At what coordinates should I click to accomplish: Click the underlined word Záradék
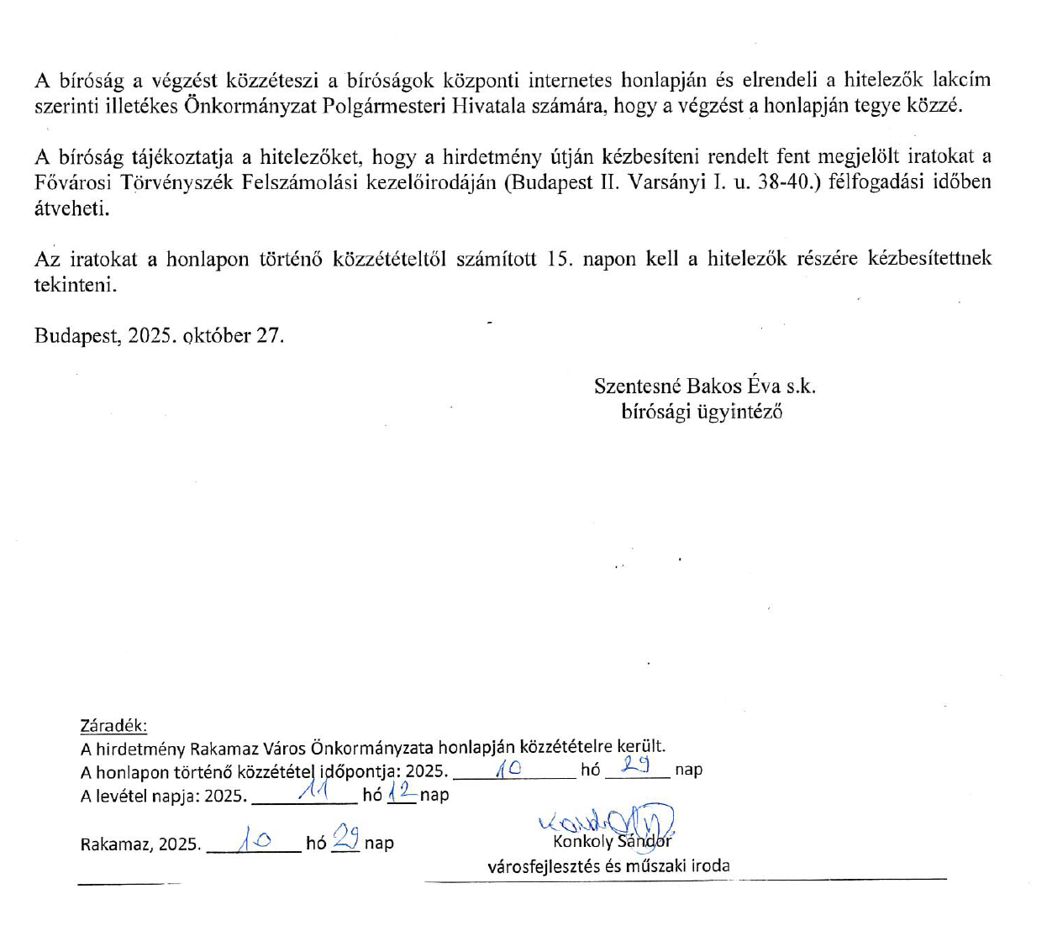pyautogui.click(x=113, y=726)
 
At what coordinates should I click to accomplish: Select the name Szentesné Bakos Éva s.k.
pyautogui.click(x=704, y=386)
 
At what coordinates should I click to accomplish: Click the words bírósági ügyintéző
pyautogui.click(x=702, y=412)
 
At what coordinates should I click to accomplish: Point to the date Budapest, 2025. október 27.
pyautogui.click(x=159, y=336)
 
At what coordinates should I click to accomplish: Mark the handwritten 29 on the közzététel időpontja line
pyautogui.click(x=636, y=765)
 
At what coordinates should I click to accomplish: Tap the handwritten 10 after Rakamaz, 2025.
pyautogui.click(x=253, y=839)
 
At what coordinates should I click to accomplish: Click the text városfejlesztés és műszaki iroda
pyautogui.click(x=608, y=866)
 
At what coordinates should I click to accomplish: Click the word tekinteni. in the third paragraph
pyautogui.click(x=76, y=285)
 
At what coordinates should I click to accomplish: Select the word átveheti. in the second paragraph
pyautogui.click(x=71, y=208)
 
